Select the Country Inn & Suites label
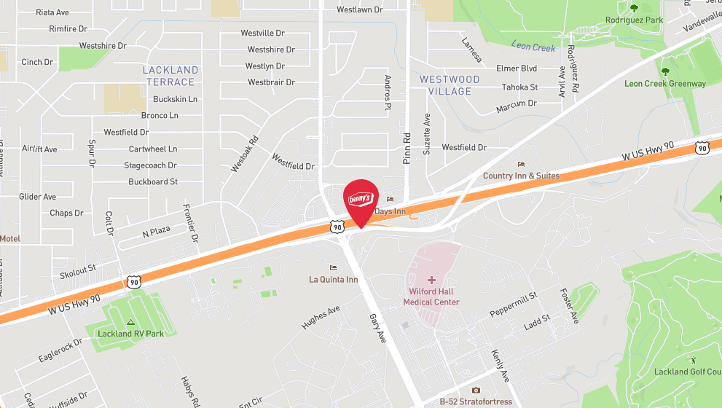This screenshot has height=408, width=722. click(521, 176)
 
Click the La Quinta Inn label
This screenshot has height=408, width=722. click(334, 279)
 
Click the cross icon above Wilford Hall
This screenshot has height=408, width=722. click(431, 280)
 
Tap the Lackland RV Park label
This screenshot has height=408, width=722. click(131, 334)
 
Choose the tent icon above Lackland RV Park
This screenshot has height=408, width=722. click(131, 321)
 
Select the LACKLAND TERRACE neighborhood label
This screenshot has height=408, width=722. click(170, 76)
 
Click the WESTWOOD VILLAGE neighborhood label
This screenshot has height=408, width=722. click(450, 85)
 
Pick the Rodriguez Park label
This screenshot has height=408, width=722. click(634, 20)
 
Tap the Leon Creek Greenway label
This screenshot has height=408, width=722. click(664, 84)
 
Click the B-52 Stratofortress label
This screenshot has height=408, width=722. click(476, 401)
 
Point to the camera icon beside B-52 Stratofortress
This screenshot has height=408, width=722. click(476, 390)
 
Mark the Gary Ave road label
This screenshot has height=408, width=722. click(377, 329)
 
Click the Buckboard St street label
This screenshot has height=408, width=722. click(153, 181)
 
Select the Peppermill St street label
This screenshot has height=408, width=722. click(513, 302)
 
